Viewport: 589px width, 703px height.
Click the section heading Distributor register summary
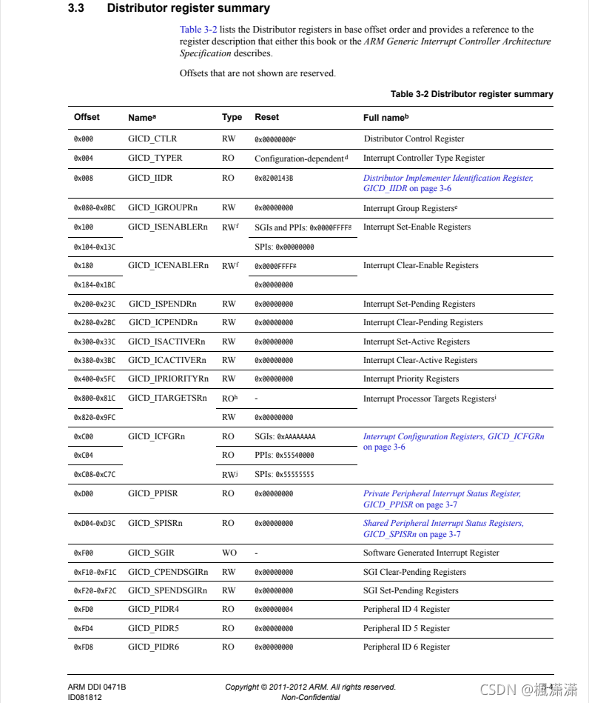(188, 9)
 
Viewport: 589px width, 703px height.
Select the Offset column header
(87, 117)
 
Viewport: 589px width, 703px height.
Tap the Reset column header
(266, 117)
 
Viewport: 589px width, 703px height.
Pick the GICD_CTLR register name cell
(152, 139)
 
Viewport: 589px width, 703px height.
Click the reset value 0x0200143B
(274, 179)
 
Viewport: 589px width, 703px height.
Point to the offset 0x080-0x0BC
(95, 209)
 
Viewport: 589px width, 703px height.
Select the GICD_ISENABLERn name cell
(168, 227)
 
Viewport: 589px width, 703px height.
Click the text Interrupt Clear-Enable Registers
(420, 265)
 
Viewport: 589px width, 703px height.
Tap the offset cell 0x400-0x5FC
(95, 379)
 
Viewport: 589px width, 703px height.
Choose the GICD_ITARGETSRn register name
(169, 399)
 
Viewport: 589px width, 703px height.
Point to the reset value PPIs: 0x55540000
(284, 456)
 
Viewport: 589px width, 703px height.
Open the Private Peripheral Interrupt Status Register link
(442, 494)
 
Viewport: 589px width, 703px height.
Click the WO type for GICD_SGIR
(229, 553)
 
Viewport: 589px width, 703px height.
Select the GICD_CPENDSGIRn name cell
(168, 572)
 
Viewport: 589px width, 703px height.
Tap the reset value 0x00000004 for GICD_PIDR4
(274, 610)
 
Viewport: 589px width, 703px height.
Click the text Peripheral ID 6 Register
(406, 647)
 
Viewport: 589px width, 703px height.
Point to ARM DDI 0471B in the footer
(92, 687)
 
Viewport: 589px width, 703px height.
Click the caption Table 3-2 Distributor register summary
(471, 94)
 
